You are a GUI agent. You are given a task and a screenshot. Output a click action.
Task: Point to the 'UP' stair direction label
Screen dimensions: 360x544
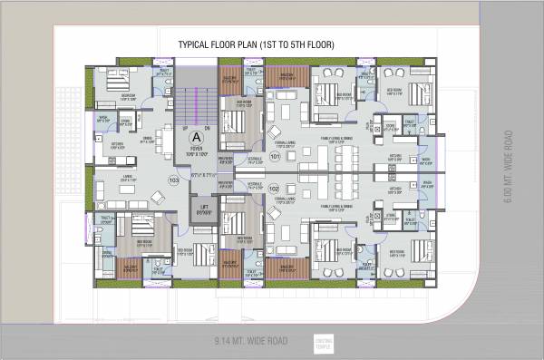click(185, 128)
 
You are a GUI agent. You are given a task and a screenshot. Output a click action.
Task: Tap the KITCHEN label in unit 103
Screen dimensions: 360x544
click(117, 145)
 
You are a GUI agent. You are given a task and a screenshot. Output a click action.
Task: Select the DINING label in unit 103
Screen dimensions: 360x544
click(147, 137)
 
